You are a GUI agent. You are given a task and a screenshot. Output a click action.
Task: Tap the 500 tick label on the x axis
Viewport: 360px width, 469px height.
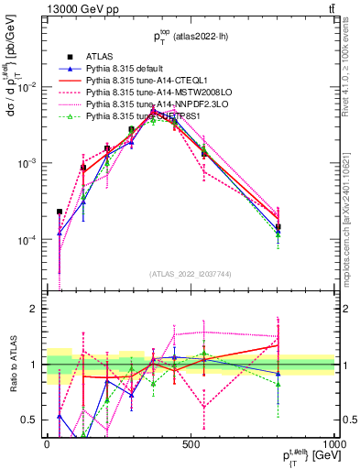coord(191,443)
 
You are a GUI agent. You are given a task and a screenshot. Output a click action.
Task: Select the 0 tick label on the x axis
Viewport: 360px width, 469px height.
coord(47,443)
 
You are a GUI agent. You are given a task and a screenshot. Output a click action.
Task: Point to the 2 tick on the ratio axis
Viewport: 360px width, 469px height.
coord(36,309)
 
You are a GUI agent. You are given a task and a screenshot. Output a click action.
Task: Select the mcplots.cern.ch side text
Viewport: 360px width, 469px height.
coord(351,211)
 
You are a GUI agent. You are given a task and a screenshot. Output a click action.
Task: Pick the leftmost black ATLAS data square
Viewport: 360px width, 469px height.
coord(60,212)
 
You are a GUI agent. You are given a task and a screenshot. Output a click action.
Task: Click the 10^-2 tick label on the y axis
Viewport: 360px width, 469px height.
coord(30,86)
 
